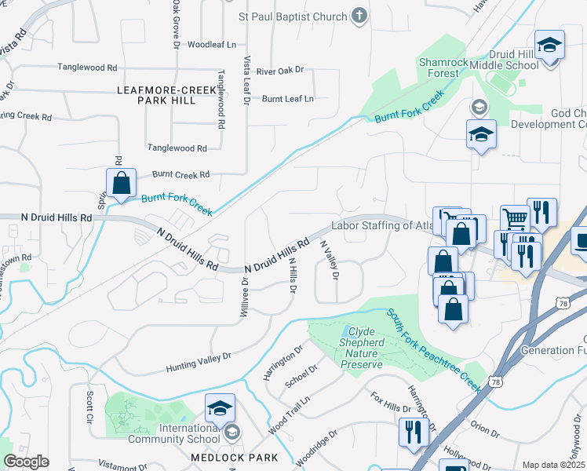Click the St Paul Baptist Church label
click(x=292, y=16)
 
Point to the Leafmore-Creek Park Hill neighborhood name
click(x=166, y=96)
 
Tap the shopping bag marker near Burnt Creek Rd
click(x=121, y=184)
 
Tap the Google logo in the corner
click(x=26, y=462)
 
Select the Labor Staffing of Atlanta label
click(x=382, y=226)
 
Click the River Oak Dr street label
click(x=285, y=71)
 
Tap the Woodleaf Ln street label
click(x=212, y=45)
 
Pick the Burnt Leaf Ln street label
click(x=287, y=99)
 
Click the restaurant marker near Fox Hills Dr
click(x=411, y=431)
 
